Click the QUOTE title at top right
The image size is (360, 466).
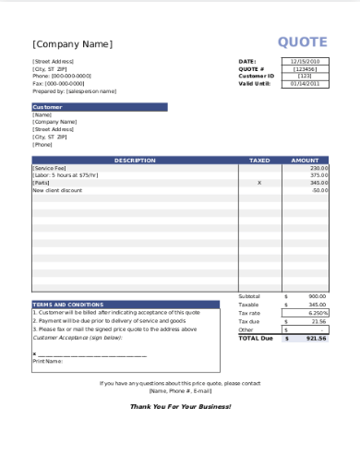point(303,42)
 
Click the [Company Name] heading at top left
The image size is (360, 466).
point(72,43)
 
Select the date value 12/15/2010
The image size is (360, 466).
point(306,62)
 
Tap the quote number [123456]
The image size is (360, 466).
point(306,69)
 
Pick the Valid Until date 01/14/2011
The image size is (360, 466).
point(306,84)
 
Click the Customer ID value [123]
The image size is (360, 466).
point(306,77)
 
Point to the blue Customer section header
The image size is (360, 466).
point(99,106)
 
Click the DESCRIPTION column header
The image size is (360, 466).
point(135,161)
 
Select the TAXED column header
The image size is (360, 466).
point(259,161)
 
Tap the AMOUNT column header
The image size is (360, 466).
point(305,161)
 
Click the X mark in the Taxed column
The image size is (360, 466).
point(259,183)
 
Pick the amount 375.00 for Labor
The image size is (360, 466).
point(319,175)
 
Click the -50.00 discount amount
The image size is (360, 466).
point(319,190)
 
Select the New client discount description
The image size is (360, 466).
point(57,190)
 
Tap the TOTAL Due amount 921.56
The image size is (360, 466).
point(318,338)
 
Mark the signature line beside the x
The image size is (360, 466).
point(92,354)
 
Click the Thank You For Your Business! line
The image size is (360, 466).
point(180,406)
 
